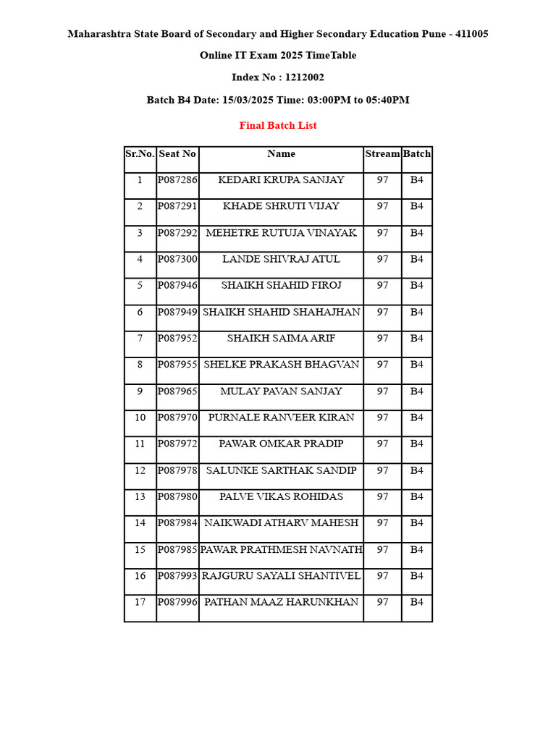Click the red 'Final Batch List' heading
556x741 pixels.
[x=278, y=125]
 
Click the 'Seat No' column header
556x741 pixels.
[x=177, y=153]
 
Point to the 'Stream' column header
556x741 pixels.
[x=382, y=153]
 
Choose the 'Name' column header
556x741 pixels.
[x=281, y=153]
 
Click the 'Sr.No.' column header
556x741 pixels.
[x=140, y=153]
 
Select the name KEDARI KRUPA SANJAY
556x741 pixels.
[x=281, y=179]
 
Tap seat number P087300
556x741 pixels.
[x=177, y=259]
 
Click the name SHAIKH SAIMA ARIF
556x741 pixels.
[x=281, y=338]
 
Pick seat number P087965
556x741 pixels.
[x=177, y=391]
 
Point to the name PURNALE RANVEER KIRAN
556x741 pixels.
[x=281, y=418]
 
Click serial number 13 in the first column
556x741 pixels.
[x=140, y=496]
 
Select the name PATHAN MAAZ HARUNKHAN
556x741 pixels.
[x=281, y=602]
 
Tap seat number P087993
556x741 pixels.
[x=177, y=576]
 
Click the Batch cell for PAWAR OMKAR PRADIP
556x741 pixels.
[x=417, y=444]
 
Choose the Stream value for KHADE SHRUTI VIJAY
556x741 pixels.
[x=382, y=206]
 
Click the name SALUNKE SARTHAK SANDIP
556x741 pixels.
[x=281, y=470]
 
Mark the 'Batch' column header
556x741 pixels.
[x=417, y=153]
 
